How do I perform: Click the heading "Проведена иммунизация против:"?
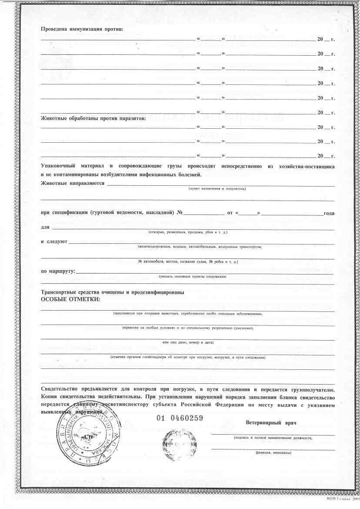pyautogui.click(x=82, y=29)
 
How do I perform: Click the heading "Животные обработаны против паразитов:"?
pyautogui.click(x=93, y=117)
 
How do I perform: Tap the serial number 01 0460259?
pyautogui.click(x=180, y=418)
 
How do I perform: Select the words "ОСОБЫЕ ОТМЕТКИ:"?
pyautogui.click(x=70, y=299)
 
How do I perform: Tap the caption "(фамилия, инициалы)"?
pyautogui.click(x=273, y=453)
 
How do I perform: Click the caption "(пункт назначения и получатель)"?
pyautogui.click(x=217, y=189)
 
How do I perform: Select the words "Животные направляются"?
pyautogui.click(x=73, y=183)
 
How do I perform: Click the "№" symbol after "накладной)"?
pyautogui.click(x=180, y=213)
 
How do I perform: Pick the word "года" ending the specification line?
pyautogui.click(x=329, y=213)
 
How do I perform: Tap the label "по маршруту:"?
pyautogui.click(x=58, y=271)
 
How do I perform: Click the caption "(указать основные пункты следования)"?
pyautogui.click(x=193, y=277)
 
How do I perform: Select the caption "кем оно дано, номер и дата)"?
pyautogui.click(x=188, y=342)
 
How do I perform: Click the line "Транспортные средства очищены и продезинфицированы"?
pyautogui.click(x=112, y=292)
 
